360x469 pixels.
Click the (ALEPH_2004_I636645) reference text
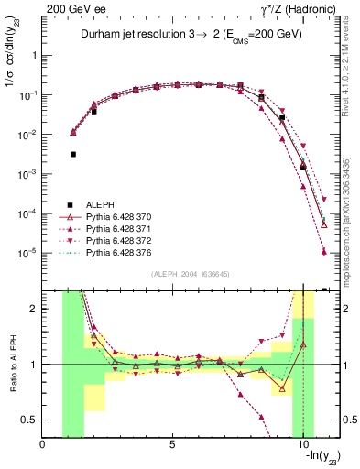(188, 274)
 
